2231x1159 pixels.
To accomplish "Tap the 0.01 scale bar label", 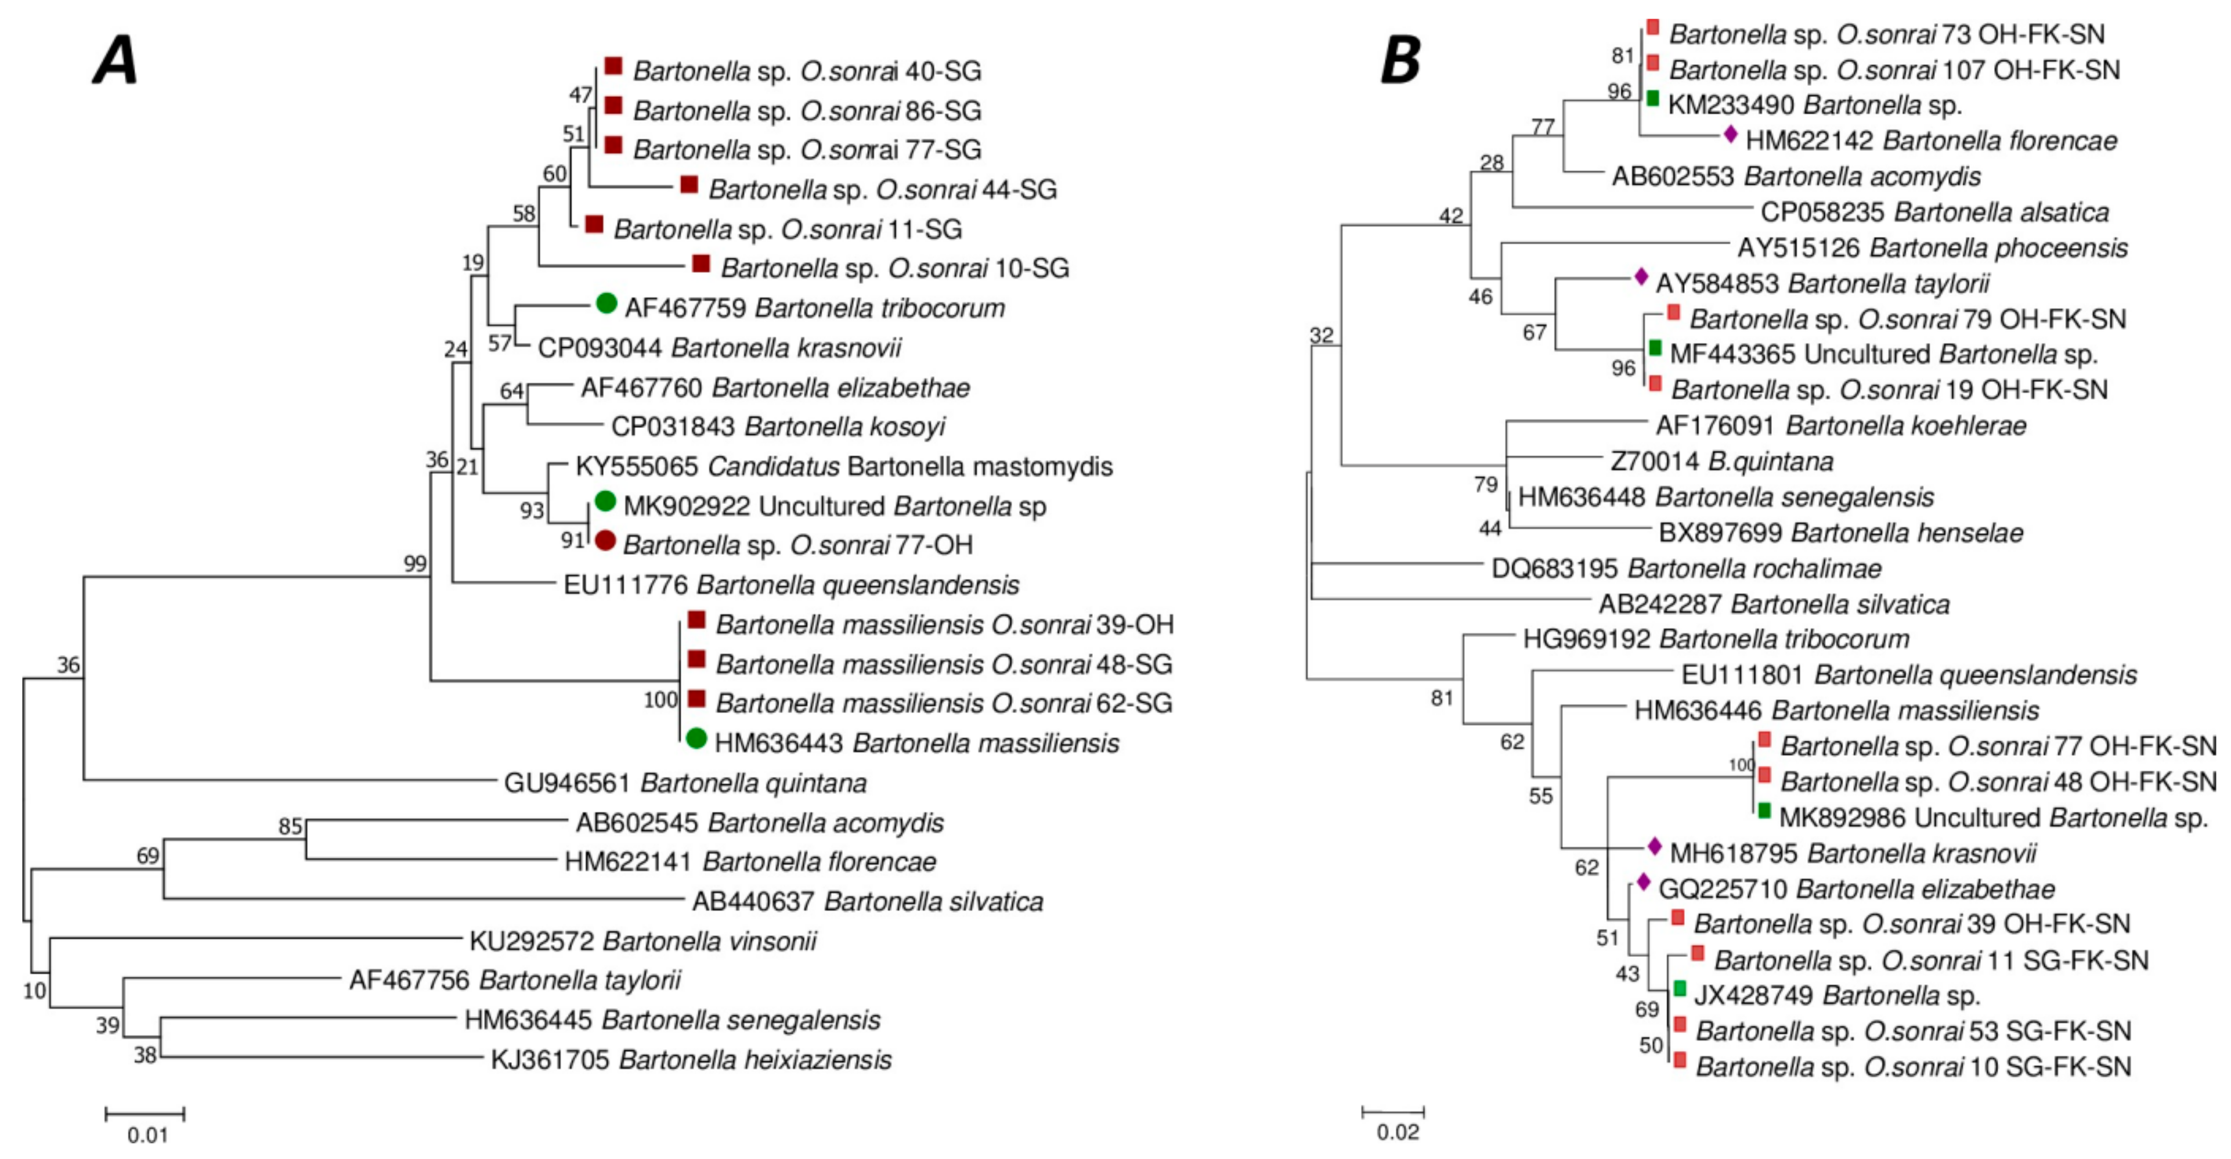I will (147, 1135).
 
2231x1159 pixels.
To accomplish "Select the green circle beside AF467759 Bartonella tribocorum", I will (607, 303).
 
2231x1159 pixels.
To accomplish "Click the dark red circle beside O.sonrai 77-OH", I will (605, 541).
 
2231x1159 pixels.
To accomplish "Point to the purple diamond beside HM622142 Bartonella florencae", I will (1730, 134).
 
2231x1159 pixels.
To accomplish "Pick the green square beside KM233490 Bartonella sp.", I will (1652, 99).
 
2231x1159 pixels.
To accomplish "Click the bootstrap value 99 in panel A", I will (416, 564).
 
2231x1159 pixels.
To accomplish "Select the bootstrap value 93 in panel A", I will (532, 511).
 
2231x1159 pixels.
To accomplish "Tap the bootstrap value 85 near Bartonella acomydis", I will (290, 826).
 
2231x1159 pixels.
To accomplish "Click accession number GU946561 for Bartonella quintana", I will (566, 783).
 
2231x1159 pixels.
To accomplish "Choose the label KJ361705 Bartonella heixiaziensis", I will (690, 1059).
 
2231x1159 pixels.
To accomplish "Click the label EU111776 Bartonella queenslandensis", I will (790, 585).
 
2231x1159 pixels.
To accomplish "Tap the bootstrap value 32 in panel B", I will (1322, 335).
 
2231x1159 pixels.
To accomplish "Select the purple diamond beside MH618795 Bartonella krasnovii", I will (1654, 846).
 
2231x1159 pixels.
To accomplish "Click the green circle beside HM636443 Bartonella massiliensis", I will (696, 738).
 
